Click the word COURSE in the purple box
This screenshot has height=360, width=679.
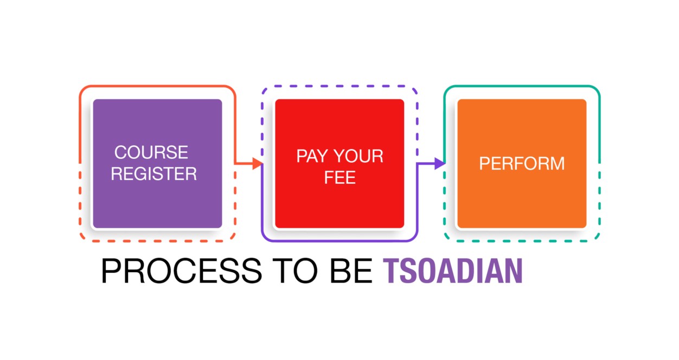[151, 152]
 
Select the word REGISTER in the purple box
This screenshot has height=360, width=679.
[153, 173]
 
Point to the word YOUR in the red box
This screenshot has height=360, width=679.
[359, 156]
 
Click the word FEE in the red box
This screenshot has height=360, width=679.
[340, 177]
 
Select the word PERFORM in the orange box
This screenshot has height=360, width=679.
[522, 164]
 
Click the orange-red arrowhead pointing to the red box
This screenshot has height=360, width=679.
[258, 164]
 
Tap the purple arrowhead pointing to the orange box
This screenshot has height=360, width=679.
[439, 164]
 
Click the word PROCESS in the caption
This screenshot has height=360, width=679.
[181, 271]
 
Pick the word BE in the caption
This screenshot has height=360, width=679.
[351, 271]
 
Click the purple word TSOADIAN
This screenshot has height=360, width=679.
[453, 271]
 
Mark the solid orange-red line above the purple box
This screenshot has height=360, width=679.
[158, 86]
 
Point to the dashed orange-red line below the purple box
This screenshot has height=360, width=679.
[158, 241]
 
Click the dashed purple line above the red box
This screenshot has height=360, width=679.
[339, 86]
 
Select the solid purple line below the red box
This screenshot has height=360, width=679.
[339, 241]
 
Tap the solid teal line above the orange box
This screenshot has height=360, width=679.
[522, 86]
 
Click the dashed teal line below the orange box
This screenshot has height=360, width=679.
[522, 241]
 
